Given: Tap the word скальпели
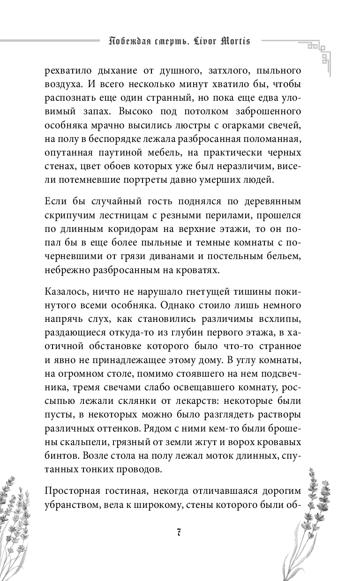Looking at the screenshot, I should pos(68,442).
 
